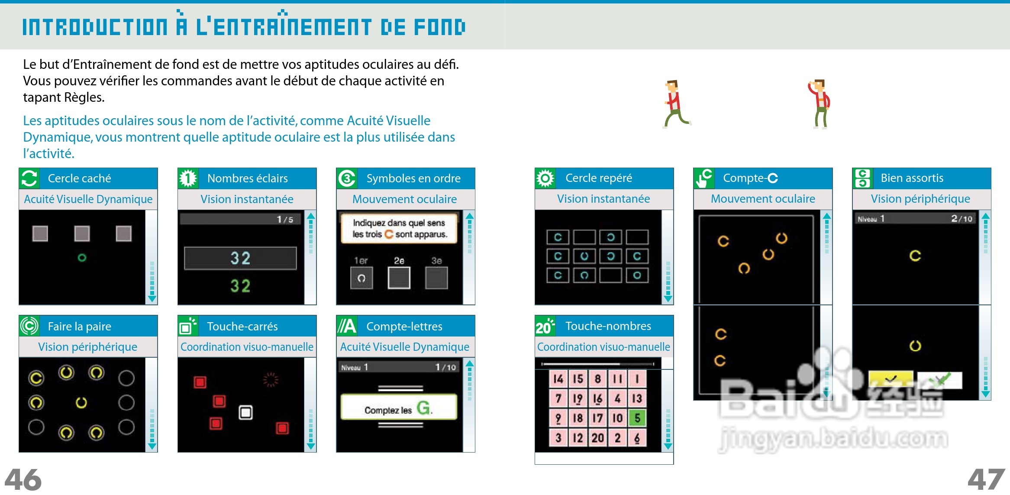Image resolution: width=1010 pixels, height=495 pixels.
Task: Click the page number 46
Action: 23,479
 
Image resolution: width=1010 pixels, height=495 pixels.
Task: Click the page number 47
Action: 986,479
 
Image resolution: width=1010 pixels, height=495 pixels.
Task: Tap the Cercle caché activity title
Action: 79,178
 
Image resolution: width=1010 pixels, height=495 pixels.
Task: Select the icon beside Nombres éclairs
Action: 188,178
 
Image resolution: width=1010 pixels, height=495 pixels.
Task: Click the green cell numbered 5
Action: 637,418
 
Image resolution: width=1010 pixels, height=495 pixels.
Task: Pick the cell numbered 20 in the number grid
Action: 597,438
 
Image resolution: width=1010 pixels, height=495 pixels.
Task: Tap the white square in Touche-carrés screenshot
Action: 245,412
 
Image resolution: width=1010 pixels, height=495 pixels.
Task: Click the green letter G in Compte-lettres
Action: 423,408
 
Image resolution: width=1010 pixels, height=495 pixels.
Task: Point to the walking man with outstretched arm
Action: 675,104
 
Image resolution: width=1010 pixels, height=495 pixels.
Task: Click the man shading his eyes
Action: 819,104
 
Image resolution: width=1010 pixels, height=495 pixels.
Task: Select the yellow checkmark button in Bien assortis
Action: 891,380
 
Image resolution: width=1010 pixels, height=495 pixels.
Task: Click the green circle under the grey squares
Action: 82,258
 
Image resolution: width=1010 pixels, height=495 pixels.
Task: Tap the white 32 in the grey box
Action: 240,259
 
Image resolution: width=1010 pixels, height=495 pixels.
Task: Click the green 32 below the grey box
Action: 240,286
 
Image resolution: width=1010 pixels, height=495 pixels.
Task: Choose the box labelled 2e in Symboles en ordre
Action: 399,278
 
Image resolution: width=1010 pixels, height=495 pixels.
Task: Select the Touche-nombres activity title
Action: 608,326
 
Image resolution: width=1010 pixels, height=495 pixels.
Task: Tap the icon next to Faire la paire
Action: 29,326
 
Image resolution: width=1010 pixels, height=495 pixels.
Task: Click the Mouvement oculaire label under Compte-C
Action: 763,199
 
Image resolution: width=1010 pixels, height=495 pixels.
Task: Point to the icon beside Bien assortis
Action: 862,178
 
